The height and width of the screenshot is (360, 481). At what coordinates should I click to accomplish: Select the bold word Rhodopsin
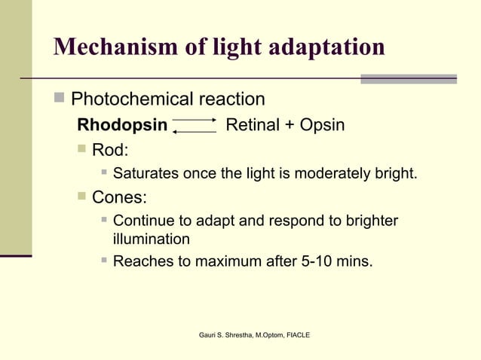pyautogui.click(x=121, y=125)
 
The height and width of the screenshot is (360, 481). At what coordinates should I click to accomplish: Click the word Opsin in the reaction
pyautogui.click(x=322, y=125)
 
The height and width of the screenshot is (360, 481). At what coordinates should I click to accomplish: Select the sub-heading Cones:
pyautogui.click(x=120, y=198)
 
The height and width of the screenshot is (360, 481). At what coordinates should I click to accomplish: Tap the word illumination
pyautogui.click(x=151, y=239)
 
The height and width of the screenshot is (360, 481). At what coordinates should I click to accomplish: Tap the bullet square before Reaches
pyautogui.click(x=104, y=262)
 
